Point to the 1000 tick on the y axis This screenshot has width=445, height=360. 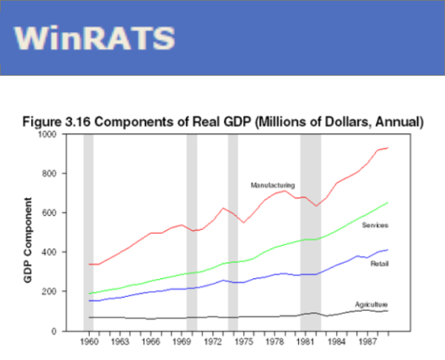pyautogui.click(x=67, y=134)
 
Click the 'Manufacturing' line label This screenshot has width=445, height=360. pyautogui.click(x=273, y=185)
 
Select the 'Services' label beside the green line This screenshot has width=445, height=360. pyautogui.click(x=376, y=225)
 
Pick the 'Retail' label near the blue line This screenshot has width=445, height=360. pyautogui.click(x=380, y=264)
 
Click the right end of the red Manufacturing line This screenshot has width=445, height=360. pyautogui.click(x=387, y=148)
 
